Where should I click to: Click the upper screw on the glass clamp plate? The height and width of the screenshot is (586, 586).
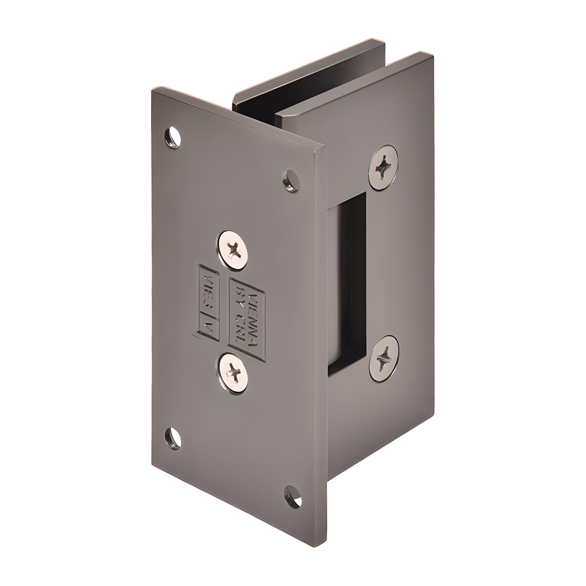(x=383, y=167)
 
